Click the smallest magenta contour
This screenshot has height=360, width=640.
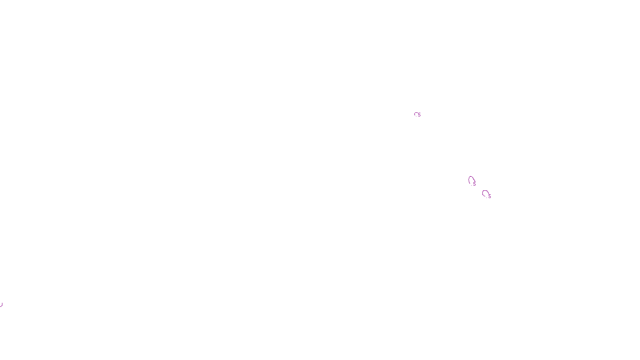pyautogui.click(x=416, y=114)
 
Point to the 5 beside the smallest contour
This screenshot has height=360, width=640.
pyautogui.click(x=420, y=115)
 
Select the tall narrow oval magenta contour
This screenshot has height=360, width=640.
pyautogui.click(x=471, y=180)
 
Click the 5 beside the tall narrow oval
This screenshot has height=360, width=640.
pyautogui.click(x=475, y=184)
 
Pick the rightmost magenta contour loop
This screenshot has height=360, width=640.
pyautogui.click(x=485, y=194)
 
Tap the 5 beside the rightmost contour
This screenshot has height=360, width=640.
pyautogui.click(x=490, y=196)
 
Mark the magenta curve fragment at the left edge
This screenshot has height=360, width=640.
pyautogui.click(x=1, y=305)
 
